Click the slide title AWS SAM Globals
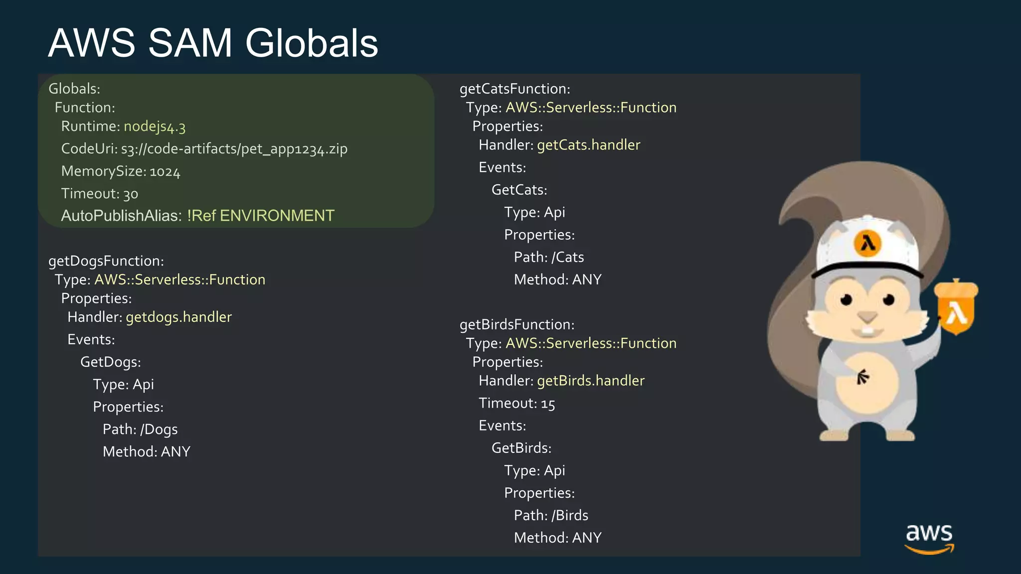[x=213, y=43]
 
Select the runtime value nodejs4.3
[x=155, y=127]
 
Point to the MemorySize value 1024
[x=165, y=172]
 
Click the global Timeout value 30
[x=131, y=194]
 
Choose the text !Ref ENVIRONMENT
[x=260, y=216]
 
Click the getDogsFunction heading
[x=106, y=261]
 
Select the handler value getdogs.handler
[x=178, y=317]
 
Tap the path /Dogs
[x=159, y=430]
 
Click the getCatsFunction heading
[x=514, y=89]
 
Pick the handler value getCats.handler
[x=588, y=145]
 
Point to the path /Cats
[x=567, y=258]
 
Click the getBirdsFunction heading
[x=517, y=325]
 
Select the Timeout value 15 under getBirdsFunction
[x=548, y=404]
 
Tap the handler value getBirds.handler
[x=590, y=381]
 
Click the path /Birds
[x=570, y=516]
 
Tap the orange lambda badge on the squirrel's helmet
[x=868, y=244]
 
